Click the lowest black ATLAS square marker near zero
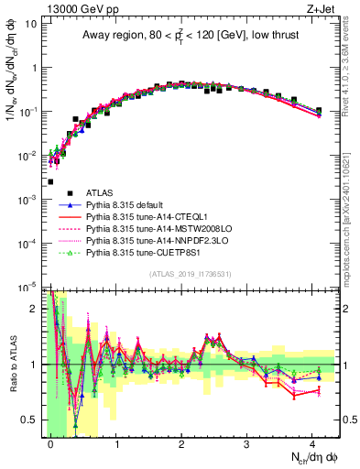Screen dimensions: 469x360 [x=50, y=182]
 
